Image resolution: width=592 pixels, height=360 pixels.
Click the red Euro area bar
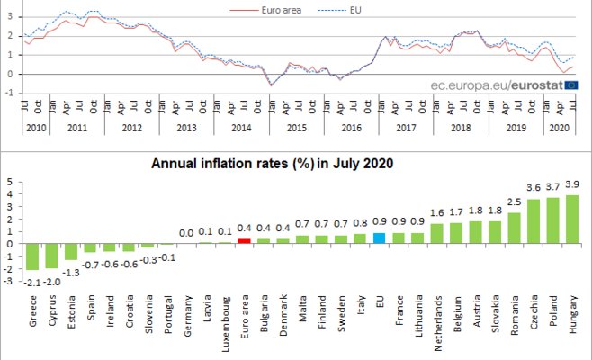coord(243,240)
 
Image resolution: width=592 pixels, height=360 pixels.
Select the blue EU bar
coord(380,238)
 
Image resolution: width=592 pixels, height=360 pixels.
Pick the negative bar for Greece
coord(31,256)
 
